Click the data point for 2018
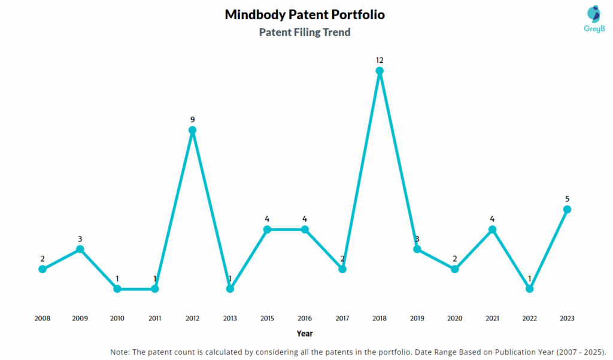point(380,71)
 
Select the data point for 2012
point(192,130)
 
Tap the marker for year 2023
point(567,209)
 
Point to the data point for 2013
point(230,289)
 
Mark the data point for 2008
point(43,269)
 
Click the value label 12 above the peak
point(380,60)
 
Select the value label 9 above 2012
point(192,119)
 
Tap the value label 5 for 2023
point(567,198)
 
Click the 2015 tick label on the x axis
point(267,319)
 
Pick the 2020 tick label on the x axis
point(454,319)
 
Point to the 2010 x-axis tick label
point(117,319)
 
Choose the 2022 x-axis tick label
point(529,319)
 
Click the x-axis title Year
point(304,333)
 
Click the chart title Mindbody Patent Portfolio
point(305,14)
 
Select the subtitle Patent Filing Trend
point(305,32)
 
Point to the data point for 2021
point(492,229)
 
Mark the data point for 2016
point(305,229)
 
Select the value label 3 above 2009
point(80,238)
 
